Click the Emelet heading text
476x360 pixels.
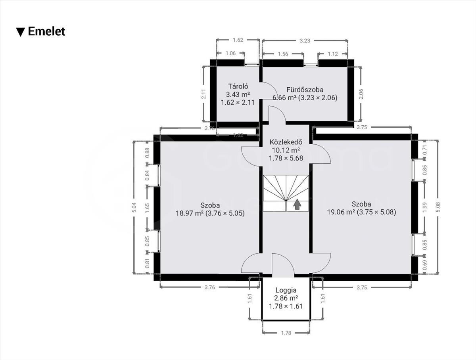tap(46, 32)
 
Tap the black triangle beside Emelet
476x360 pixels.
tap(21, 32)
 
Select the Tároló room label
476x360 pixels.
tap(238, 86)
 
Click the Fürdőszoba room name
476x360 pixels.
tap(305, 90)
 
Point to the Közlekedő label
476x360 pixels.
tap(286, 142)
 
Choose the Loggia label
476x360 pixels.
tap(286, 290)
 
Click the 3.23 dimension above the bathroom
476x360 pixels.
tap(305, 41)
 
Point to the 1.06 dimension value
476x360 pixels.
tap(230, 53)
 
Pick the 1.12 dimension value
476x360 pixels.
tap(333, 54)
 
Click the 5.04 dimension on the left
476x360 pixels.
tap(134, 207)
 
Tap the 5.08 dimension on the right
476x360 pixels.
tap(438, 207)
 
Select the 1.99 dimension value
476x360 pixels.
tap(424, 207)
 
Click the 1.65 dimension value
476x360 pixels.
tap(147, 208)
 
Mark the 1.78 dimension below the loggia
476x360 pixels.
tap(286, 333)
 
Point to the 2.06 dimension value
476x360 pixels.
tap(361, 94)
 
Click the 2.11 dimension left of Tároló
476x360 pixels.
tap(203, 94)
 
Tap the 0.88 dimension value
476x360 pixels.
tap(147, 153)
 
